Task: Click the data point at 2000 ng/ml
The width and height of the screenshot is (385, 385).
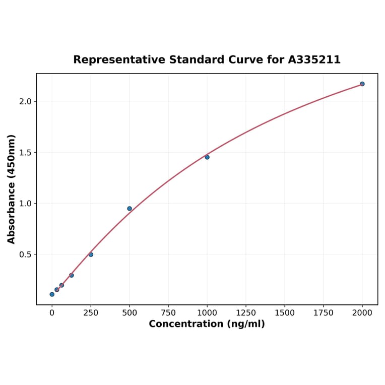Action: tap(362, 84)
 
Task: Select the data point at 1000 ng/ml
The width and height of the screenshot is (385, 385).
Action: tap(207, 157)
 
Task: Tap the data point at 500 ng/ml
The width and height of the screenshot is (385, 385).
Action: tap(130, 209)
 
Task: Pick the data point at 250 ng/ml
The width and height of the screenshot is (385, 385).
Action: tap(91, 254)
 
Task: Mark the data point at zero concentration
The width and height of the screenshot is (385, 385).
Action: tap(52, 294)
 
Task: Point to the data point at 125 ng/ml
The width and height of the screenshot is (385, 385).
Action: tap(72, 275)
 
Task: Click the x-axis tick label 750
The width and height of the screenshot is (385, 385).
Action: tap(168, 313)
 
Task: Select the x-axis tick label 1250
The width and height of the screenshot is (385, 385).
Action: tap(246, 313)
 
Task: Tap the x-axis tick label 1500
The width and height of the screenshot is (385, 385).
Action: tap(285, 313)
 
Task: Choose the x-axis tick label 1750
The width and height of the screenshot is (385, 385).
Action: tap(324, 313)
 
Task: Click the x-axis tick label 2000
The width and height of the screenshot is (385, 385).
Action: tap(362, 313)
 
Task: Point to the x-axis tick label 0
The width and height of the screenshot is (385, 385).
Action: tap(52, 313)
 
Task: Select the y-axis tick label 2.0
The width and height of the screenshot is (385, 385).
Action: tap(25, 101)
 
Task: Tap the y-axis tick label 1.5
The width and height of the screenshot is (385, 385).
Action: tap(25, 153)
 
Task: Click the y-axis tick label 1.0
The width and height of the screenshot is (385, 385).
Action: tap(25, 204)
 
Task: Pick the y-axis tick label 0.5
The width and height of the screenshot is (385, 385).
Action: tap(25, 254)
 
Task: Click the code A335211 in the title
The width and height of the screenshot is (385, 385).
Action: tap(314, 60)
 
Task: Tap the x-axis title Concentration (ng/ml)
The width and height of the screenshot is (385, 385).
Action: tap(207, 324)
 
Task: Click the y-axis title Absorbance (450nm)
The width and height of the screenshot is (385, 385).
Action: tap(11, 189)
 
